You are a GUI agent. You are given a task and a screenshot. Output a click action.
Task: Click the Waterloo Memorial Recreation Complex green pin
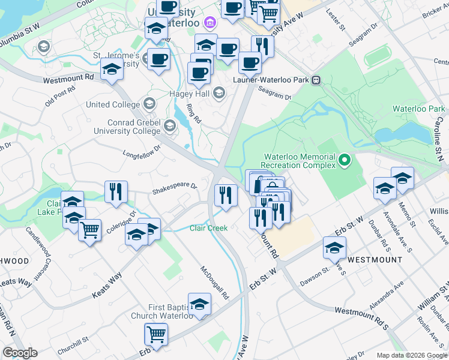(x=344, y=160)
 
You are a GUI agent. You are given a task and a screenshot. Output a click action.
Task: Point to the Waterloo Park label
(x=418, y=109)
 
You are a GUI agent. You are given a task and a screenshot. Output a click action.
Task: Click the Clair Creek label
(x=208, y=228)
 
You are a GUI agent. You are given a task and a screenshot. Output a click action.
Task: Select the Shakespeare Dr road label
(x=174, y=185)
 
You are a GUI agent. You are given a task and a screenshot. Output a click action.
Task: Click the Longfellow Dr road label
(x=143, y=149)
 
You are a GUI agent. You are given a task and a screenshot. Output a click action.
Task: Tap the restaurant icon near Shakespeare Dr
(x=115, y=191)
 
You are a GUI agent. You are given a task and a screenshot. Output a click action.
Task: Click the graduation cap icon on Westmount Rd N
(x=112, y=69)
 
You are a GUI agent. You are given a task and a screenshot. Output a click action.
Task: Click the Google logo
(x=20, y=352)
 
